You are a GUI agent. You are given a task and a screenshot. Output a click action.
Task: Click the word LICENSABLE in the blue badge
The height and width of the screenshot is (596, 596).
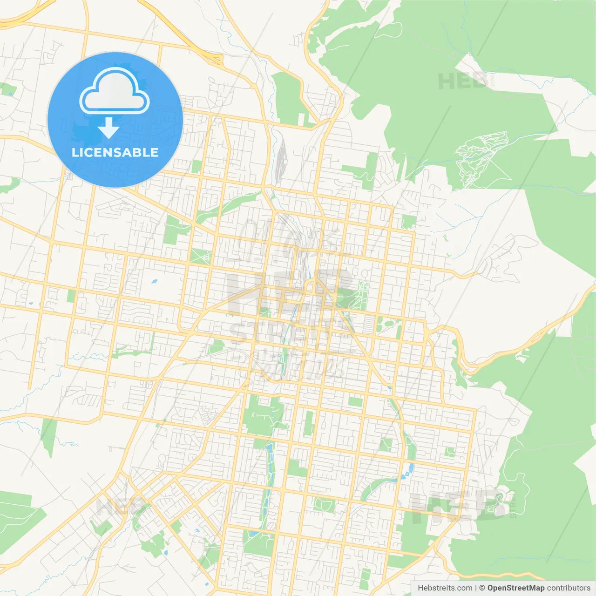point(115,152)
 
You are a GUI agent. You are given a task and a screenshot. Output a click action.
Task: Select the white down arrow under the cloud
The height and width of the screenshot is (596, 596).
point(109,128)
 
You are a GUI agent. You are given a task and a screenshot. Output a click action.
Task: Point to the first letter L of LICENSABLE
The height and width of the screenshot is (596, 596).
point(74,152)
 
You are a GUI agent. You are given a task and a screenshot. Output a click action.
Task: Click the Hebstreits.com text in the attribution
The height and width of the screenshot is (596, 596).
point(445,588)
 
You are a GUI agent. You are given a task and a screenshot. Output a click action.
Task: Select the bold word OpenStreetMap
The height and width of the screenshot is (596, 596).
point(515,588)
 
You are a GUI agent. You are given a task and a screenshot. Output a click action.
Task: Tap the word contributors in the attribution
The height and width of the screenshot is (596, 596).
point(569,588)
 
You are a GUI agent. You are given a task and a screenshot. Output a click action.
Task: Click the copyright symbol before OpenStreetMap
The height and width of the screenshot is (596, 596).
point(482,588)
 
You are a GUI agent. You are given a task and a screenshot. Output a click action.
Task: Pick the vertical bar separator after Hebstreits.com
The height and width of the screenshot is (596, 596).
point(476,588)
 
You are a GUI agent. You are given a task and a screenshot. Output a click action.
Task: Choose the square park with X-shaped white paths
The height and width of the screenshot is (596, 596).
point(201,257)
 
